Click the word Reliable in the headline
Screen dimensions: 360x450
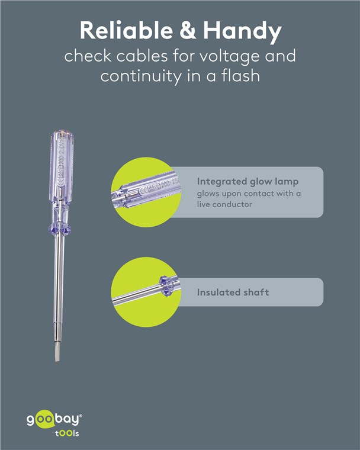click(126, 30)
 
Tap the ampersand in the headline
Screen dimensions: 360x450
click(188, 30)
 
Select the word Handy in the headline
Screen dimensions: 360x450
click(243, 32)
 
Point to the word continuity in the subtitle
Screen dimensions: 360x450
click(141, 76)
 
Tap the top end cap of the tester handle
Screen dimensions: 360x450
click(62, 133)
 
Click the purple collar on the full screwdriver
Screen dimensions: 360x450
click(60, 229)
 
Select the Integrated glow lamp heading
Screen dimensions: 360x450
click(247, 182)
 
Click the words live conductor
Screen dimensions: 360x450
click(224, 204)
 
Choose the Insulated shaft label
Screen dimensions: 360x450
click(233, 292)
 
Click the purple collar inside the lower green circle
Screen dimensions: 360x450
click(166, 286)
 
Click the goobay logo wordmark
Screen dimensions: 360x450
click(53, 420)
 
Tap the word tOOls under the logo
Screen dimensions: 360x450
click(67, 433)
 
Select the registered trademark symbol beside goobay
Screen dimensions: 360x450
click(81, 416)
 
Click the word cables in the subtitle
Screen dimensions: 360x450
click(142, 56)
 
